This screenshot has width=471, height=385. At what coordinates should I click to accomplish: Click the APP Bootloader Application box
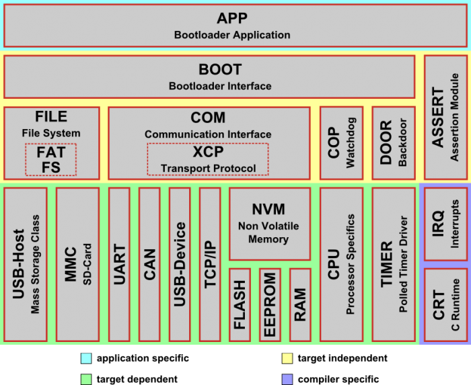(235, 26)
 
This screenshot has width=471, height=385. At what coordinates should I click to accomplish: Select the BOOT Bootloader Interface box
(209, 77)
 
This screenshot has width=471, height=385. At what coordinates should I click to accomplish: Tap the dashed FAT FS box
(51, 160)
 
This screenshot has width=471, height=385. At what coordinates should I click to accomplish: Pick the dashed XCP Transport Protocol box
(208, 159)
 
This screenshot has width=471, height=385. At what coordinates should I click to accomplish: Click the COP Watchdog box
(341, 142)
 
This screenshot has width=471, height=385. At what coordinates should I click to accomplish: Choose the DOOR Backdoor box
(393, 142)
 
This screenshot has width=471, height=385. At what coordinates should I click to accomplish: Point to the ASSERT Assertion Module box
(445, 117)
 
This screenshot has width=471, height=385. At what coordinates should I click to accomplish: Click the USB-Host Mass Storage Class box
(26, 264)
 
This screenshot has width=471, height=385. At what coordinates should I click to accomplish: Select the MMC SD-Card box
(77, 264)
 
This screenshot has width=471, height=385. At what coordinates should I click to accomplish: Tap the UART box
(119, 264)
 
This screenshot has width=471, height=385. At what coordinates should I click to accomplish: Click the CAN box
(149, 264)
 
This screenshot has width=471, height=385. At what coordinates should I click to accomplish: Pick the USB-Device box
(180, 264)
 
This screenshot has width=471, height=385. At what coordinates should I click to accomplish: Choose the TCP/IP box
(210, 264)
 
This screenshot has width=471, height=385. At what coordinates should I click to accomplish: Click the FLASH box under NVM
(240, 304)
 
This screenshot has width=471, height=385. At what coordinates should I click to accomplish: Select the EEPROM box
(270, 304)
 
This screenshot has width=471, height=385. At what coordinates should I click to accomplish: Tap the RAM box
(300, 304)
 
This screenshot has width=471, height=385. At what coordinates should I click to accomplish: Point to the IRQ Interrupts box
(445, 224)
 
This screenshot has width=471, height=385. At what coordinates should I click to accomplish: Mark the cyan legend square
(86, 358)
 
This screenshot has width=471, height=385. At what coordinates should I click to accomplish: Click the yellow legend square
(287, 358)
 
